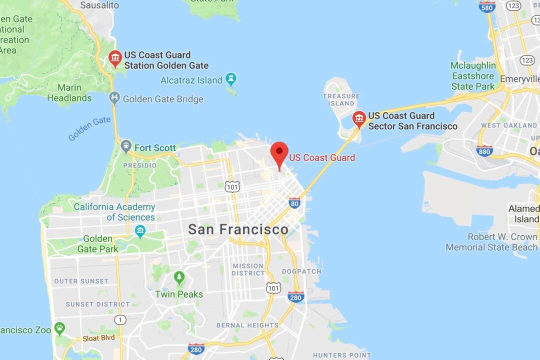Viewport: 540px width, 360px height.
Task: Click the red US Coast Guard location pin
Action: (x=279, y=152)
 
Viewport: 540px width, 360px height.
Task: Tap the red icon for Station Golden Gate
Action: (x=115, y=58)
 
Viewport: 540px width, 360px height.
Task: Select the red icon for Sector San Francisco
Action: (x=358, y=119)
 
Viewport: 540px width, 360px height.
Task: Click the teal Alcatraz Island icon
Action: (x=230, y=79)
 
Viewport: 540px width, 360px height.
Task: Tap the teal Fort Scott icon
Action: (x=126, y=146)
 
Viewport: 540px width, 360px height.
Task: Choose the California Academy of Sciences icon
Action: (x=140, y=231)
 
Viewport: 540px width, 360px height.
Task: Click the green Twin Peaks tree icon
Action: (x=179, y=277)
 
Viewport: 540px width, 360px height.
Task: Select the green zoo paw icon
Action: (x=60, y=328)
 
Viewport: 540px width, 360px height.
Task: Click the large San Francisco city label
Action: (x=238, y=229)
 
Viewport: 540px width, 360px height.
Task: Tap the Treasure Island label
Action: (x=341, y=99)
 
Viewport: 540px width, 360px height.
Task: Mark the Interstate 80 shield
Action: (x=294, y=202)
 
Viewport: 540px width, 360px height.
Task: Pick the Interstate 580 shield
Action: (x=486, y=6)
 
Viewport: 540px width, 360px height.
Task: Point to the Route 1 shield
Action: (x=119, y=319)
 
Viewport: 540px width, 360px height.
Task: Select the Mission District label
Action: (x=248, y=269)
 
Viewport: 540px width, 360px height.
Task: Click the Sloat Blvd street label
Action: (x=98, y=337)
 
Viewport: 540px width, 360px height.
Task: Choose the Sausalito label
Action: (x=99, y=5)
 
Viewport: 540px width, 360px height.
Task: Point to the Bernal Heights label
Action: (x=247, y=325)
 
